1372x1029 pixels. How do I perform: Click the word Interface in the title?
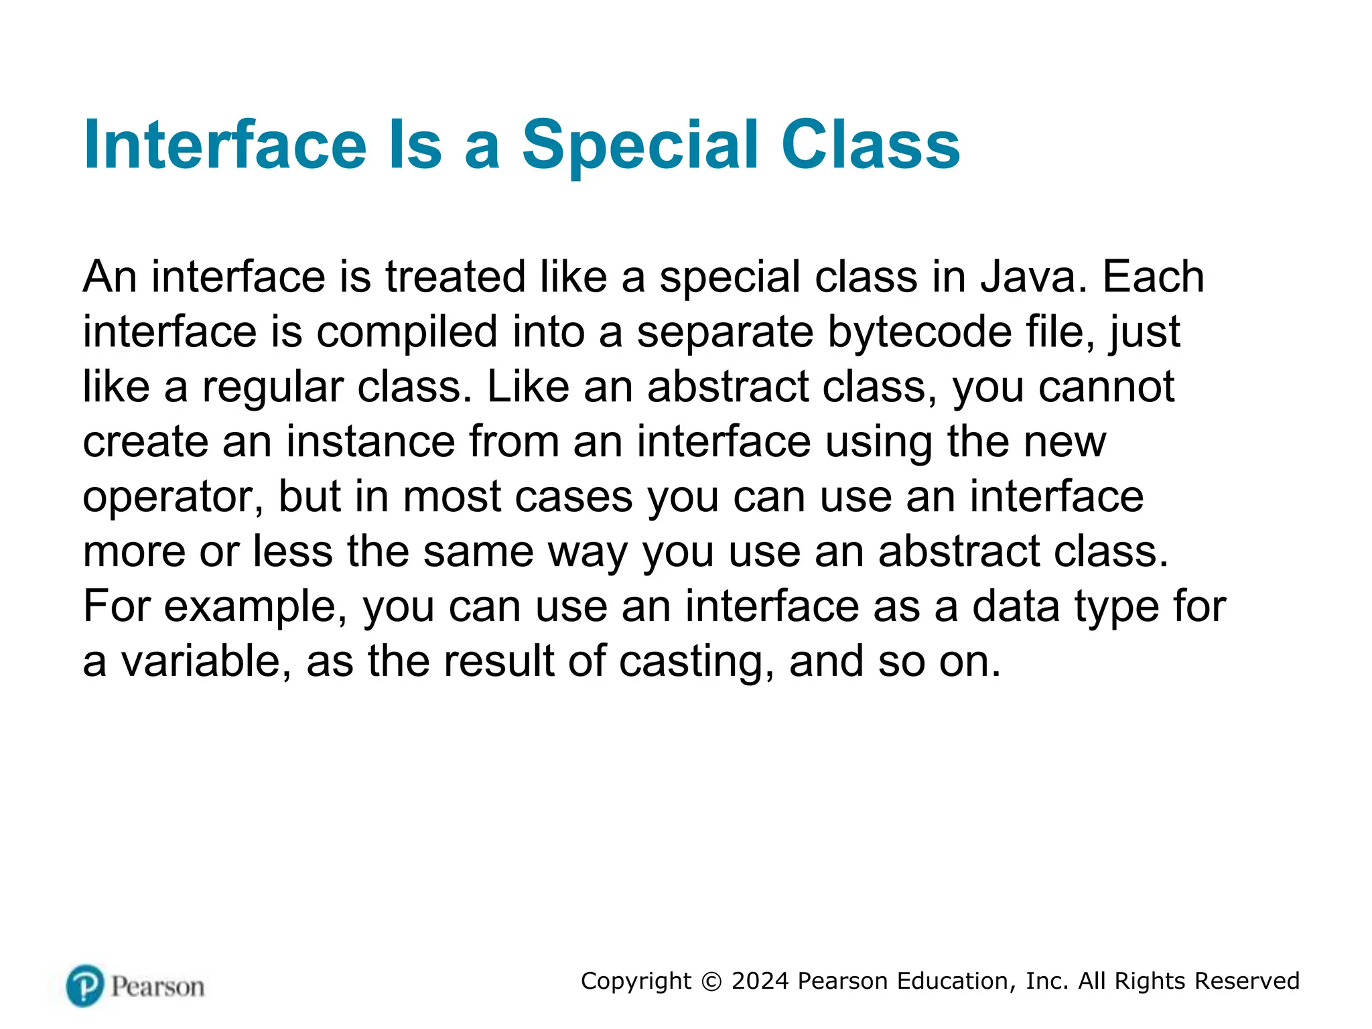(x=225, y=145)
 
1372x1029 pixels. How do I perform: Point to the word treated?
(x=456, y=277)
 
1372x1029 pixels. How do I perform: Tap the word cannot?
(x=1106, y=387)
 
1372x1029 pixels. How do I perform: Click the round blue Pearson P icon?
(x=85, y=985)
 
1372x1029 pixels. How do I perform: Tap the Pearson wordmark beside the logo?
(x=158, y=987)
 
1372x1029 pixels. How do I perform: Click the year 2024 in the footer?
(x=760, y=981)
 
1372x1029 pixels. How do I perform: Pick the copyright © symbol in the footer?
(x=711, y=981)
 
